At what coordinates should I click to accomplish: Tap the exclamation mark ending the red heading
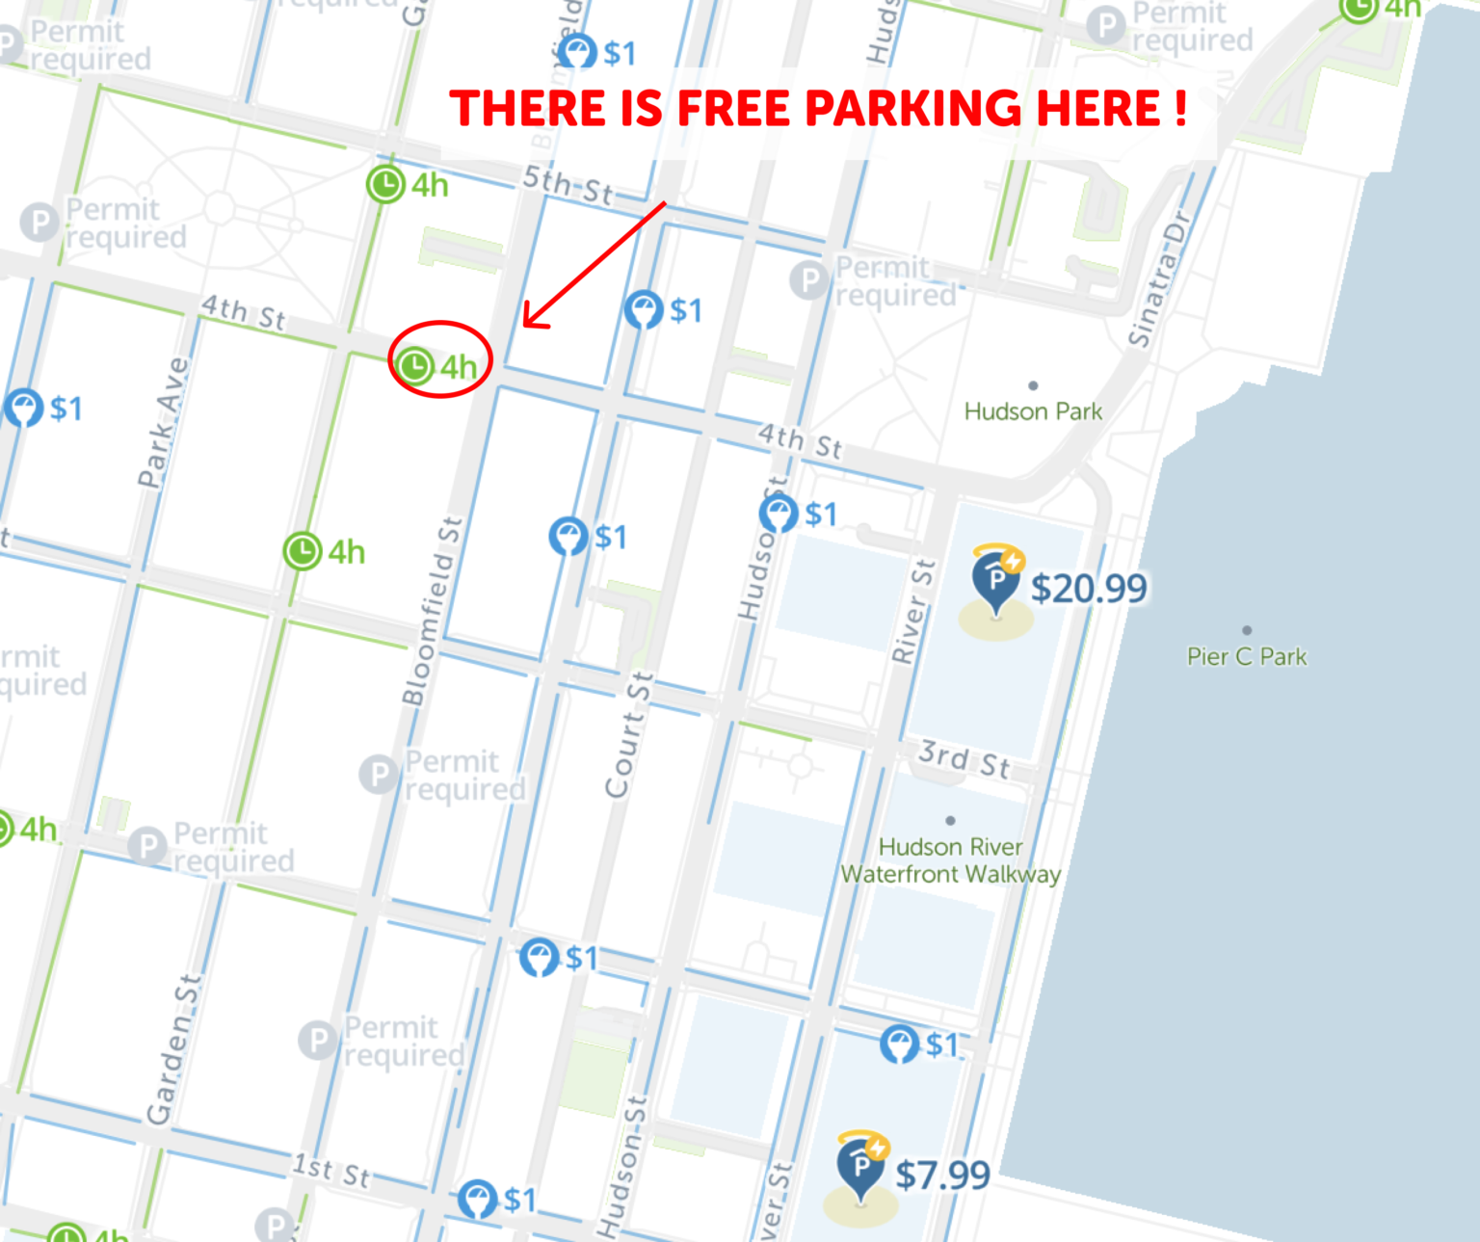point(1180,108)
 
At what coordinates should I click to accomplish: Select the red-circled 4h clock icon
point(415,366)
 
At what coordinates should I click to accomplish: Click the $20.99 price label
point(1089,589)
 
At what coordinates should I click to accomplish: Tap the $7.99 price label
point(942,1176)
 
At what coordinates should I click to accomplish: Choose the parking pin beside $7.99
point(861,1167)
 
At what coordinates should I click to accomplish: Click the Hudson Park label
point(1033,411)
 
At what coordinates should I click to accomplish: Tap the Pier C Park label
point(1247,657)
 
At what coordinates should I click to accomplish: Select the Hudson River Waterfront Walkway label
point(950,860)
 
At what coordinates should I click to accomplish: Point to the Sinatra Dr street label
point(1160,279)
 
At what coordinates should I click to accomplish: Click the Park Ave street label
point(163,422)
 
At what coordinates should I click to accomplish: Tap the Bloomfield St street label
point(433,613)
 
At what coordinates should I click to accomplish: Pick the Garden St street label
point(174,1049)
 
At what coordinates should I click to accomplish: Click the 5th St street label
point(568,185)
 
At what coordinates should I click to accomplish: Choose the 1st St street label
point(331,1171)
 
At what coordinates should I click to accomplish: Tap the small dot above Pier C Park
point(1247,630)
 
